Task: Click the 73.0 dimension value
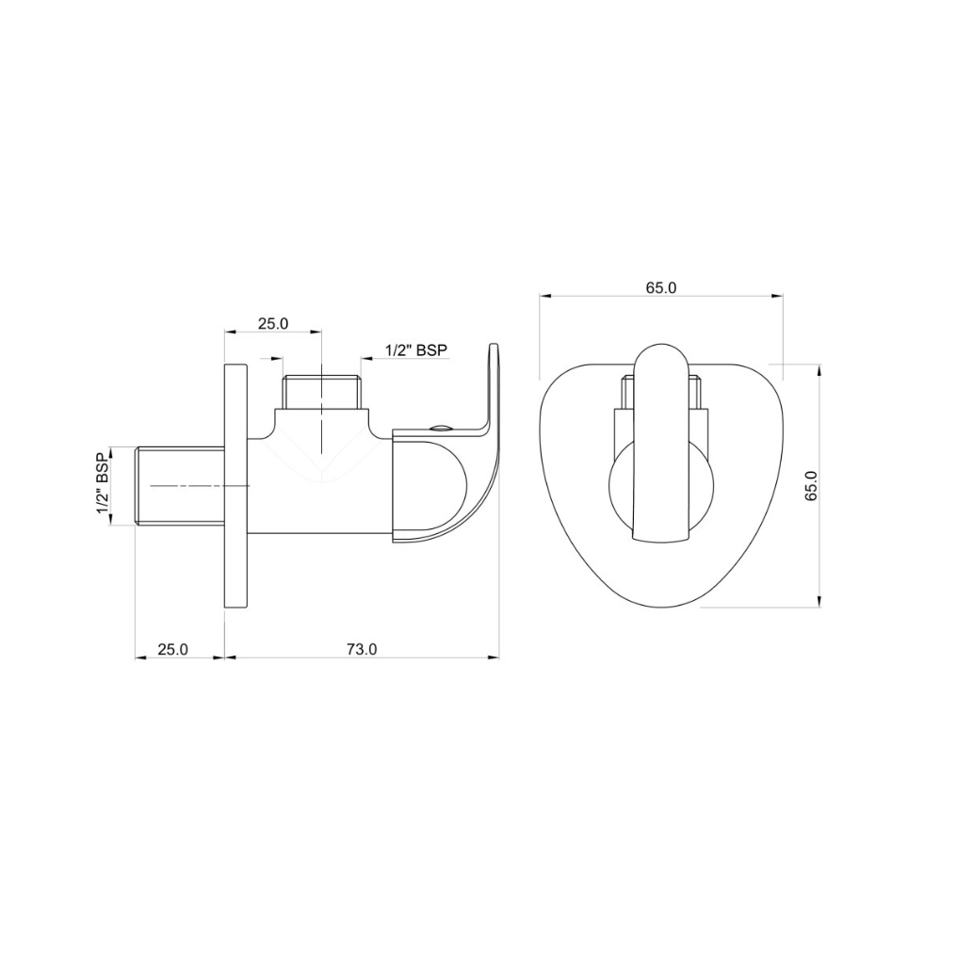point(361,649)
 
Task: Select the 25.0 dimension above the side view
point(272,323)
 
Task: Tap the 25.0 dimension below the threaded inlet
point(172,649)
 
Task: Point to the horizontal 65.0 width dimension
point(660,288)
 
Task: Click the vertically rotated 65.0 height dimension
point(811,485)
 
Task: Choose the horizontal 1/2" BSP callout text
point(415,350)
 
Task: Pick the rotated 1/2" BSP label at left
point(104,485)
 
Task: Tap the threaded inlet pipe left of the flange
point(180,485)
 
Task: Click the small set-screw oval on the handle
point(439,428)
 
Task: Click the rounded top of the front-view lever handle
point(660,353)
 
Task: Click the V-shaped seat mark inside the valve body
point(323,471)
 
